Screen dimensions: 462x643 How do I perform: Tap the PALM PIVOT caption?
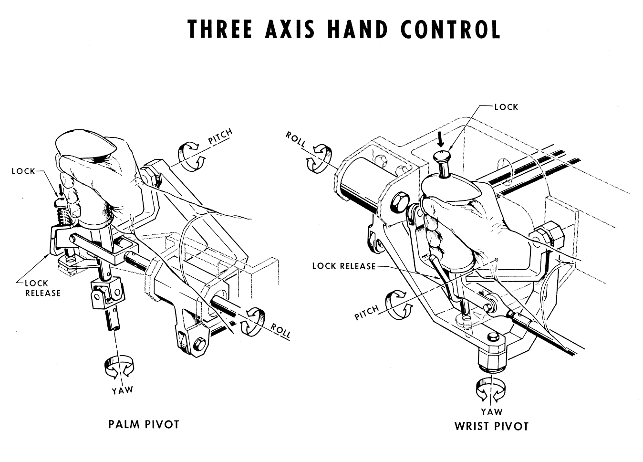144,424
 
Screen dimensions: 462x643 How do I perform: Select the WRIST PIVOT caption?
491,426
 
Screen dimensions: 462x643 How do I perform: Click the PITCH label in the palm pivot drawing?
220,136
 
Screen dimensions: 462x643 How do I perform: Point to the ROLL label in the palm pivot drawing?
280,330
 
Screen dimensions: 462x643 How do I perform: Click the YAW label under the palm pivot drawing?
122,390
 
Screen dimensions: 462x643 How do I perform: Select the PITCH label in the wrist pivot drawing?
366,313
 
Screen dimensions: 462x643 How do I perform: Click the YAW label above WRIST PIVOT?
491,411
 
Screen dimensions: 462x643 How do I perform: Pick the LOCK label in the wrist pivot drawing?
506,107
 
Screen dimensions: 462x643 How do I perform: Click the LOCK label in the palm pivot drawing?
23,171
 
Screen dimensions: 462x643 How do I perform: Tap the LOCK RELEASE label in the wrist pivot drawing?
343,266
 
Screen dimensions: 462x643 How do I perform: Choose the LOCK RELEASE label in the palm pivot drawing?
43,288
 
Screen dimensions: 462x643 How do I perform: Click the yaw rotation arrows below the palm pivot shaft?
119,368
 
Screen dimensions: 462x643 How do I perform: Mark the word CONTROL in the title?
450,30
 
